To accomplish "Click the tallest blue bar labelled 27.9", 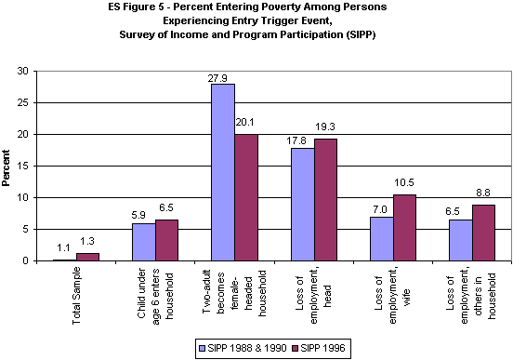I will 223,172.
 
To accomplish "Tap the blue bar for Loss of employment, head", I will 302,205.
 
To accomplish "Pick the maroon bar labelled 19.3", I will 326,200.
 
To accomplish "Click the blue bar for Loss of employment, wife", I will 381,239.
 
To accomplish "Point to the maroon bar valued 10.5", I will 405,228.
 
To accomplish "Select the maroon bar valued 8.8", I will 484,233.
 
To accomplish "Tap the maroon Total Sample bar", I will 88,257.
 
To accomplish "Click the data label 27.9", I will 222,77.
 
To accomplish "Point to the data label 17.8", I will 298,140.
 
